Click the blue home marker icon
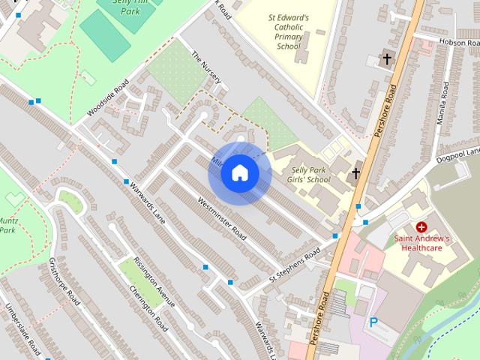(239, 173)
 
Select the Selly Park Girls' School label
(309, 175)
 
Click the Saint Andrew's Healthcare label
(422, 243)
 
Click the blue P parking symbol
(373, 323)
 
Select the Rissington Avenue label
(154, 281)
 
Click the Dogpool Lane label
(459, 153)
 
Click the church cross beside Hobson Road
(387, 58)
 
